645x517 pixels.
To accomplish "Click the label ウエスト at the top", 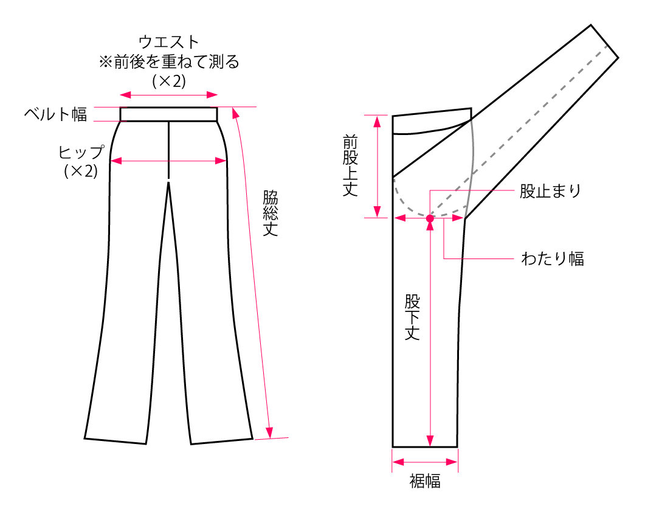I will [169, 42].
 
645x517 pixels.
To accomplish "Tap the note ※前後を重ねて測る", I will [169, 62].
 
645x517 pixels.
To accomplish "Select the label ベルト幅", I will [56, 114].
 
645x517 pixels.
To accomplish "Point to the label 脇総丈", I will [270, 213].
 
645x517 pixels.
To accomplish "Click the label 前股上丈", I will [350, 165].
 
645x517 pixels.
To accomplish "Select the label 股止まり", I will [550, 191].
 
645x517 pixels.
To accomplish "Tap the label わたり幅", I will [553, 258].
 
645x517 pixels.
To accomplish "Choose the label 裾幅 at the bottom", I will [424, 482].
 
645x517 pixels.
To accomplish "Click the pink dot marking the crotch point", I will [430, 218].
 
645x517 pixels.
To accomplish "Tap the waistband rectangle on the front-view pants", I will [168, 114].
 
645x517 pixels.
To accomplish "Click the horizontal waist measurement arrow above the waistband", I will [169, 94].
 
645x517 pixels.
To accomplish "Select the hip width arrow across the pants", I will [168, 161].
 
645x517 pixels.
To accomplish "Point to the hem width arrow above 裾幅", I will [424, 462].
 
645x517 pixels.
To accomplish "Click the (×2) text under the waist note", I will [169, 81].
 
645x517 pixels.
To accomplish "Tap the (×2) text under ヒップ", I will [81, 172].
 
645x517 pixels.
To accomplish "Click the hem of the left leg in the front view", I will [116, 440].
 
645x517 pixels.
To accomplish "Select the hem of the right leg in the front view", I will [221, 440].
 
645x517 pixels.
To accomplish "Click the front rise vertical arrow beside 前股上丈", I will [378, 165].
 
